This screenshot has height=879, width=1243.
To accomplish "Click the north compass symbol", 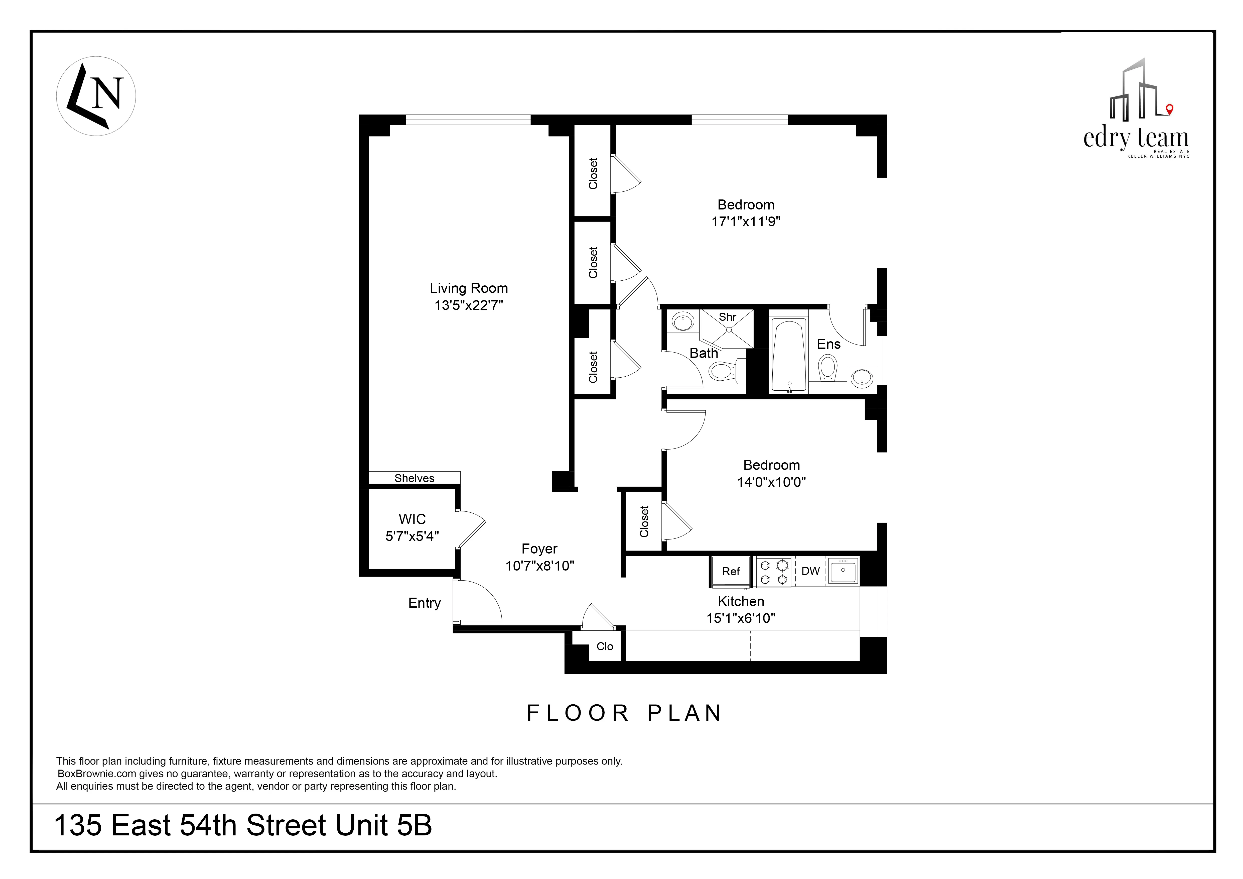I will click(96, 96).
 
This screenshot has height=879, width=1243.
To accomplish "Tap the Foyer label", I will click(539, 549).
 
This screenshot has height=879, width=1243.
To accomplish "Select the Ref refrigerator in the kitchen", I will click(730, 571).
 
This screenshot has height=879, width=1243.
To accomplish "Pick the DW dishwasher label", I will click(810, 571).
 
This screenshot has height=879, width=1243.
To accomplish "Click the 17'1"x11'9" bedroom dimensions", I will click(746, 222).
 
